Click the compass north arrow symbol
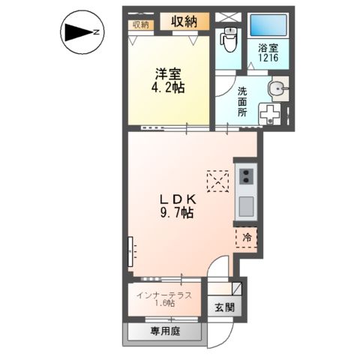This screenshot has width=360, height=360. coord(80,32)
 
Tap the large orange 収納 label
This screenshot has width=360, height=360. coord(183,22)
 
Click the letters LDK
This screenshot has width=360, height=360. coord(177,199)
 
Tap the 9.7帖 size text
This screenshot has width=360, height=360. coord(177,213)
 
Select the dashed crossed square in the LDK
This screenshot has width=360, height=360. coord(217,181)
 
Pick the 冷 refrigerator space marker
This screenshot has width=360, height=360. coord(247,238)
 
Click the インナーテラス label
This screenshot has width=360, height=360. coord(164,294)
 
